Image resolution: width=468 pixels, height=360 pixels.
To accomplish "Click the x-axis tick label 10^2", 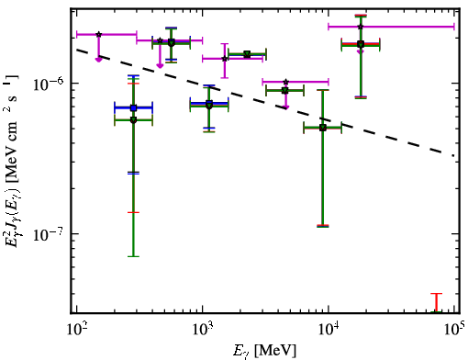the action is coord(77,330).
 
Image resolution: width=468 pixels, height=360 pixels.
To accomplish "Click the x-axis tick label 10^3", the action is coord(203,330).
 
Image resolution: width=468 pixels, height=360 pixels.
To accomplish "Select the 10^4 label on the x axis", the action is coord(329,330).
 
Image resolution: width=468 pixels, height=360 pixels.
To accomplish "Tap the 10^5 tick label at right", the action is coord(455,330).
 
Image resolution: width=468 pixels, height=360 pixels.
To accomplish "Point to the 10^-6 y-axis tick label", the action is coord(48,84).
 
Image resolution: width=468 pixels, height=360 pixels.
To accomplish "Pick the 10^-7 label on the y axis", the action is coord(48,234).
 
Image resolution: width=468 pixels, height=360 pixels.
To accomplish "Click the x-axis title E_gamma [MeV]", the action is coord(264,351).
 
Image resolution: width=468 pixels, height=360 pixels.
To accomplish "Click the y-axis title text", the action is coord(12,161).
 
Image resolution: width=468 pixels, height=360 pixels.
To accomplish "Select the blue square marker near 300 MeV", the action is coord(133,107).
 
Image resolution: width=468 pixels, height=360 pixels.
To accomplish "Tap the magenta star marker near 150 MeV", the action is coord(98,34).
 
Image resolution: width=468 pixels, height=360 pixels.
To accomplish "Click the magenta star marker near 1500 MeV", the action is coord(225,59).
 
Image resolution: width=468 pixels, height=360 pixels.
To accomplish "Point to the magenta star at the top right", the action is coord(361,27).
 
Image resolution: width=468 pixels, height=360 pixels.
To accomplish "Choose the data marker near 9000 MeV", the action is coord(323,128).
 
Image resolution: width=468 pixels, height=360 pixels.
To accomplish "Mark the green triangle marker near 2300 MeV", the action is coord(247,54).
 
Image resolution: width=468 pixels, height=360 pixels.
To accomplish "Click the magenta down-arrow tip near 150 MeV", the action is coord(98,62).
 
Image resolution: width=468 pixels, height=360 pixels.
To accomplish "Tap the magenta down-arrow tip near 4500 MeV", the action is coord(285,109).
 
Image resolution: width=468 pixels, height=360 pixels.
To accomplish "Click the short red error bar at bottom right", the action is coord(437,302).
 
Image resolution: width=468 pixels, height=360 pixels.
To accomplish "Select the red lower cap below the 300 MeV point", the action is coord(133,212).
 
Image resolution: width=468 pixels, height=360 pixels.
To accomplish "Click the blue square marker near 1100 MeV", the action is coord(209,103).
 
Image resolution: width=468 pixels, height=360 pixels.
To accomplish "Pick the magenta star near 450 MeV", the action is coord(160,40).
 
